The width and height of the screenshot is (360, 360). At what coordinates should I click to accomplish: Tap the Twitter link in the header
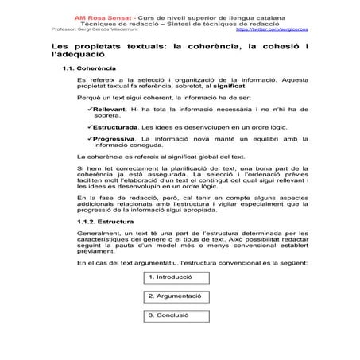pyautogui.click(x=272, y=30)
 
